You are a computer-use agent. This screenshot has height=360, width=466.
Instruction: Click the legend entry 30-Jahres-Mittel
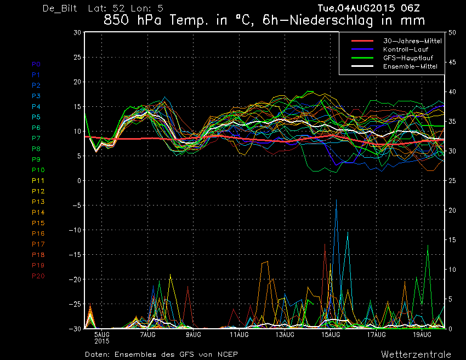coord(412,41)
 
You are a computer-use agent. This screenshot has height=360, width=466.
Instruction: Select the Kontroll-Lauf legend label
coord(406,49)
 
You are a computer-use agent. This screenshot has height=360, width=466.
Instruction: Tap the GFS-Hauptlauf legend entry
coord(408,58)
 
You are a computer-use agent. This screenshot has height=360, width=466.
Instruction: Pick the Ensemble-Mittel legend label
coord(410,66)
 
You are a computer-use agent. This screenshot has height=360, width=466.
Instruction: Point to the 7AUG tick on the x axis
coord(147,335)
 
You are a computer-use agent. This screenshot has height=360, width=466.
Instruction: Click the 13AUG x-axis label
coord(285,335)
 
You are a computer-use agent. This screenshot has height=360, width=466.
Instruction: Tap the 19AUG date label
coord(422,335)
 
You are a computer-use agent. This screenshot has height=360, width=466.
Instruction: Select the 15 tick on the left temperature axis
coord(77,107)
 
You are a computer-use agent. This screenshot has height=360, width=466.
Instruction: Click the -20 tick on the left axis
coord(75,279)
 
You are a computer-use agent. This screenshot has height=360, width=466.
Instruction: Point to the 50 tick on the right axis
coord(452,33)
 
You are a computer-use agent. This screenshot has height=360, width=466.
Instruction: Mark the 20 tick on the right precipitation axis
coord(452,210)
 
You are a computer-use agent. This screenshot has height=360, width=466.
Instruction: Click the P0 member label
coord(36,64)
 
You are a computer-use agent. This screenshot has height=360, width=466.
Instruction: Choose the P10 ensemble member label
coord(38,170)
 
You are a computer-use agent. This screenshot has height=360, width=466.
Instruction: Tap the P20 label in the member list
coord(38,276)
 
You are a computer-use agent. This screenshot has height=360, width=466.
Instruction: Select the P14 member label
coord(38,213)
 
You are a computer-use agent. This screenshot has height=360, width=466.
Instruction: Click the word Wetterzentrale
coord(416,355)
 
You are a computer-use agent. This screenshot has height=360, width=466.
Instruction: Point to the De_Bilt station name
coord(60,8)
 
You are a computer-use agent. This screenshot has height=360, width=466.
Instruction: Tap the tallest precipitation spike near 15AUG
coord(336,200)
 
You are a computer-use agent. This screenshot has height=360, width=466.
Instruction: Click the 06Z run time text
coord(410,8)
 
